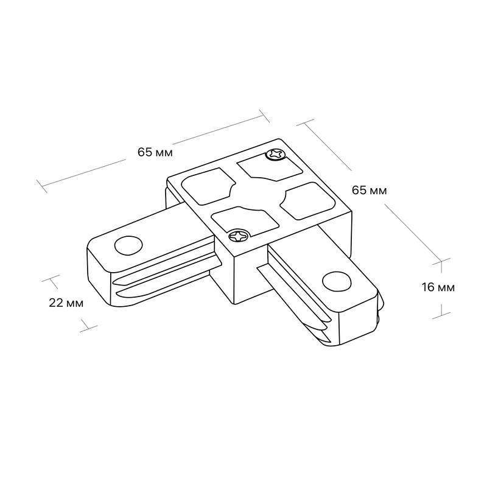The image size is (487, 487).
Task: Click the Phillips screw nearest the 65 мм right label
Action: [275, 155]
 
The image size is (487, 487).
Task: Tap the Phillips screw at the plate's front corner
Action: [239, 236]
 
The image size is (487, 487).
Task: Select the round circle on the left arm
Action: [128, 245]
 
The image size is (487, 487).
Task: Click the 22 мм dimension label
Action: [66, 303]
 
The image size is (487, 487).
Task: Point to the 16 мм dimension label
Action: [438, 287]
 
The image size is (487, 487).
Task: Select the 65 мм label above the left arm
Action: [155, 152]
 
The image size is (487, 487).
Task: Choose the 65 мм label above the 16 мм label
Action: [370, 190]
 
